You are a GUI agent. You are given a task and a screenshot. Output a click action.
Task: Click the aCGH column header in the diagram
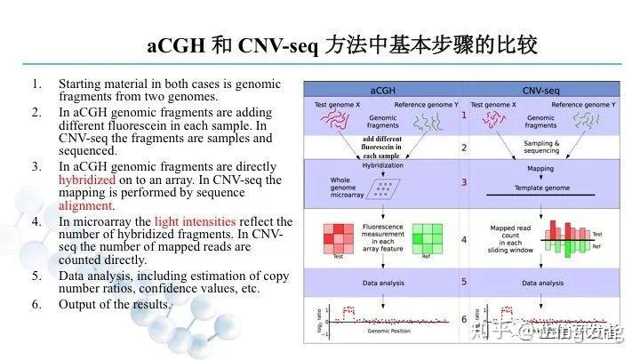pos(382,91)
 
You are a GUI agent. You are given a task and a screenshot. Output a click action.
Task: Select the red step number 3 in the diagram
pos(464,182)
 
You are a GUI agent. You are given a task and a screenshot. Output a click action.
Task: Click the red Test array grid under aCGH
pos(338,238)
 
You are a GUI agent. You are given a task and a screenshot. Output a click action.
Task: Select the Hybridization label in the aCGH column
pos(383,165)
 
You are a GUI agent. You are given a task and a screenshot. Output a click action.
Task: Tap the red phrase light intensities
pos(195,221)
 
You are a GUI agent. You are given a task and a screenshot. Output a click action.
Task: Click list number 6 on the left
pos(36,304)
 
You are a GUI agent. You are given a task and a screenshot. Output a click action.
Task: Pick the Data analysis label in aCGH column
pos(383,283)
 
